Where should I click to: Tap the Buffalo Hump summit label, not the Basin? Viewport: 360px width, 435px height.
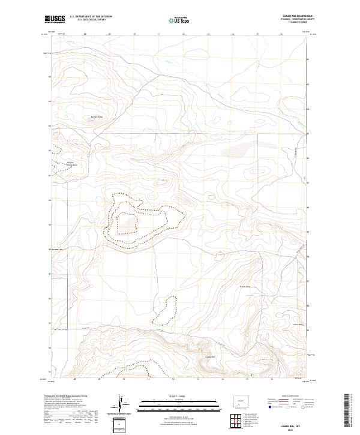pyautogui.click(x=97, y=116)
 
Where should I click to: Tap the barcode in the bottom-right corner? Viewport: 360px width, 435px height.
pyautogui.click(x=351, y=414)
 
